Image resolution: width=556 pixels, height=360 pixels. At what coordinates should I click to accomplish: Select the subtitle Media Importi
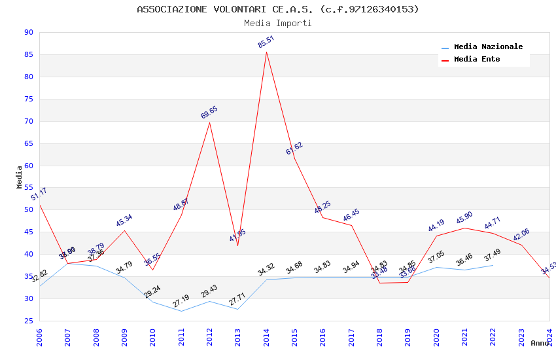pos(278,23)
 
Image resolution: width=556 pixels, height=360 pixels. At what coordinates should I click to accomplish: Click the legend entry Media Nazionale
pos(488,46)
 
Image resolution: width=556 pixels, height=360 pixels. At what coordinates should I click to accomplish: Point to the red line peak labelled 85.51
pos(266,52)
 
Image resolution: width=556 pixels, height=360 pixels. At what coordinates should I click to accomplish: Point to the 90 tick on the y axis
pos(28,32)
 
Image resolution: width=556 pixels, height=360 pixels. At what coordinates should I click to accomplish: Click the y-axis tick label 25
pos(28,321)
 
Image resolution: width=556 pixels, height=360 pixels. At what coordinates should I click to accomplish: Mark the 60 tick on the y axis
pos(28,166)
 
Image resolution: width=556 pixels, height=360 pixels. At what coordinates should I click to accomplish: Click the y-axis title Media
pos(19,177)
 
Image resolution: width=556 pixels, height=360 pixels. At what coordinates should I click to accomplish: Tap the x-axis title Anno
pos(540,343)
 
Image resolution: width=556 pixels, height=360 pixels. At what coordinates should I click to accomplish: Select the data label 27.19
pos(181,301)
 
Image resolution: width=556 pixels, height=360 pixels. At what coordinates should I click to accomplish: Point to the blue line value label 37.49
pos(493,255)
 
